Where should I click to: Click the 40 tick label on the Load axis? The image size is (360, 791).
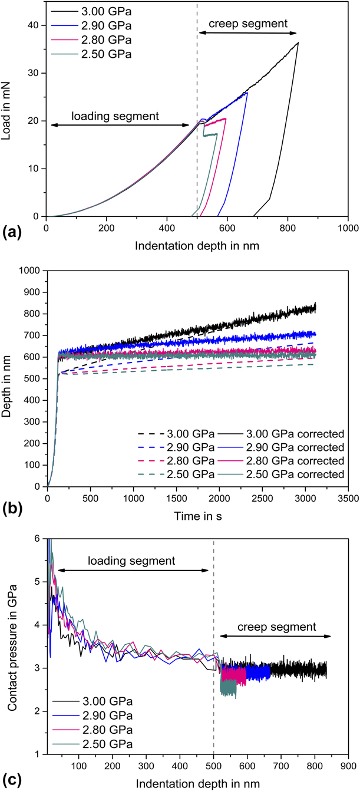point(33,25)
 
